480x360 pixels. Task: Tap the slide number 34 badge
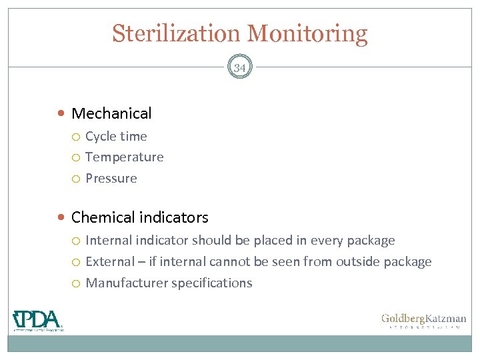pyautogui.click(x=239, y=67)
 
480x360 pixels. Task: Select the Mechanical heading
pyautogui.click(x=111, y=113)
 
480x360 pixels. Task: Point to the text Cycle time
pyautogui.click(x=116, y=136)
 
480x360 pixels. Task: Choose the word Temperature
pyautogui.click(x=125, y=157)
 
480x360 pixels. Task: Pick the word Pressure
pyautogui.click(x=111, y=179)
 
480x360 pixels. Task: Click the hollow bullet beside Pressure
pyautogui.click(x=77, y=179)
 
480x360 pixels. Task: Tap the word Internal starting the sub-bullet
pyautogui.click(x=109, y=240)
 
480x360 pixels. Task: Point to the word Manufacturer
pyautogui.click(x=127, y=283)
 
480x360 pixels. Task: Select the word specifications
pyautogui.click(x=212, y=283)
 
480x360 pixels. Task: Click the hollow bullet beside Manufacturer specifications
pyautogui.click(x=77, y=283)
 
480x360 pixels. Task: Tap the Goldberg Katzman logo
pyautogui.click(x=423, y=321)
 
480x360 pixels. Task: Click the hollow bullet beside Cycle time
pyautogui.click(x=77, y=137)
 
